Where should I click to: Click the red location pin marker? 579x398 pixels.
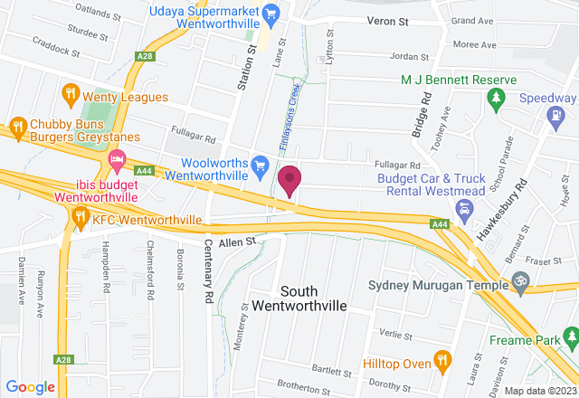289,180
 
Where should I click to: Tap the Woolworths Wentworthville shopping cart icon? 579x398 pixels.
261,164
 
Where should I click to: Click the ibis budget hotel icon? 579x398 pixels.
117,163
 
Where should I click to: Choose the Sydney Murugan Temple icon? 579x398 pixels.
519,282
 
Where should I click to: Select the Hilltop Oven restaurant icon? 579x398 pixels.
442,359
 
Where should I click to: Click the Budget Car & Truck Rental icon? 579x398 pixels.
464,211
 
